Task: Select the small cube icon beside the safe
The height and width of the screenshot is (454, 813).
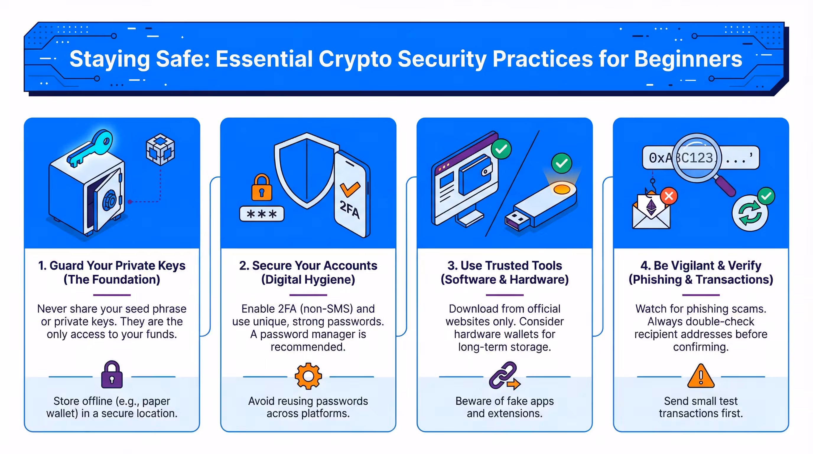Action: click(x=160, y=149)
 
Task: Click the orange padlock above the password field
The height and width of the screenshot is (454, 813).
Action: click(x=261, y=188)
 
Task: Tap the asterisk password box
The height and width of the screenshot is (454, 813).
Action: click(x=262, y=214)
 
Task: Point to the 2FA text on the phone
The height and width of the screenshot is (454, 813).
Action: click(x=349, y=209)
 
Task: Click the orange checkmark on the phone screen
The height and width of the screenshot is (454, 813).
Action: click(x=350, y=189)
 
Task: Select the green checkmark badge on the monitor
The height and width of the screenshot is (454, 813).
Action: click(x=501, y=149)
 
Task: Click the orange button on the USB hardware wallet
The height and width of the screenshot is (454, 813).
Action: click(x=562, y=189)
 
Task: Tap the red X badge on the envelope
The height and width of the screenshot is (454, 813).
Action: click(x=669, y=196)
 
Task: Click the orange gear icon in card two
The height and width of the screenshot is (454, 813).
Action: click(x=308, y=376)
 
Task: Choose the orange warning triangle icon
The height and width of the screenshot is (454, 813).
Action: click(x=700, y=376)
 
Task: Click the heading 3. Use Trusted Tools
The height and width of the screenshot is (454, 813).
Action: click(x=504, y=265)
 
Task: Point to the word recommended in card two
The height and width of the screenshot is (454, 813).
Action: click(x=308, y=347)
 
